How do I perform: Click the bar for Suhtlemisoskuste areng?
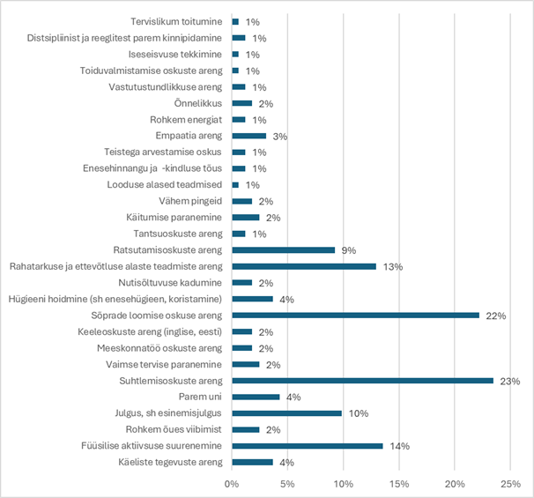coord(362,381)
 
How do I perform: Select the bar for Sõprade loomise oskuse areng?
coord(355,315)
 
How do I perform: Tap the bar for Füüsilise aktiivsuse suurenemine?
coord(307,446)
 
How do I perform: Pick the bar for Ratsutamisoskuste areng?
coord(283,249)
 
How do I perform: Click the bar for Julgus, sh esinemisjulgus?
coord(286,413)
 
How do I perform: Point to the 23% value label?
coord(510,381)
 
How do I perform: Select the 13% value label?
coord(393,266)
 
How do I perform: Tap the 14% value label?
coord(400,446)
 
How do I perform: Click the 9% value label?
coord(349,249)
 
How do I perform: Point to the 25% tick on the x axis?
coord(510,484)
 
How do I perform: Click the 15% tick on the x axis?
coord(398,484)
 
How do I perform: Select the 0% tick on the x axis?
coord(232,484)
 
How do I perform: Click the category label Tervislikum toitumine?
coord(176,21)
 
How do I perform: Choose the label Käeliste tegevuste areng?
coord(171,463)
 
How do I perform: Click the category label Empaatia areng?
coord(189,136)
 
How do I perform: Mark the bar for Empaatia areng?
coord(248,136)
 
